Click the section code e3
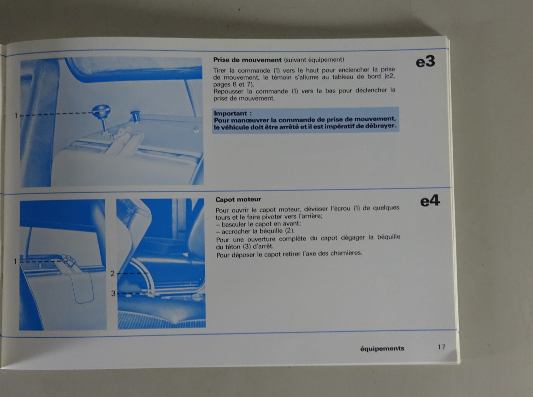click(x=425, y=62)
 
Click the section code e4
click(x=430, y=201)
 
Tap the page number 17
click(x=441, y=347)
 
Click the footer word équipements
click(x=382, y=349)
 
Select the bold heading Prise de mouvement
click(x=247, y=60)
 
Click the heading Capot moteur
click(x=238, y=200)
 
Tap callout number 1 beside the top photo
click(x=16, y=116)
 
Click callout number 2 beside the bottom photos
click(x=113, y=274)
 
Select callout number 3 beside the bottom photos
click(x=113, y=294)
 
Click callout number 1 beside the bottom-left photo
click(x=15, y=262)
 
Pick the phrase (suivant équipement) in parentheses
click(x=314, y=60)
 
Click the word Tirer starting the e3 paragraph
click(x=220, y=71)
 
